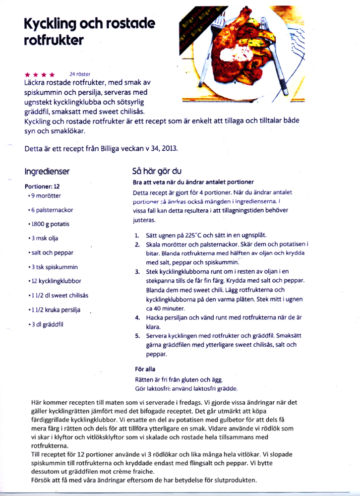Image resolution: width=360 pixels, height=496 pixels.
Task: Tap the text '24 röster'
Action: pos(79,74)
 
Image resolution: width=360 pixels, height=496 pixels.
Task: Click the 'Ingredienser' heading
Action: pos(47,172)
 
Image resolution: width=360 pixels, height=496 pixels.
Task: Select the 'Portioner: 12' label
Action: pos(42,187)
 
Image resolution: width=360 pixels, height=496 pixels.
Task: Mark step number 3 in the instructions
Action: pos(137,272)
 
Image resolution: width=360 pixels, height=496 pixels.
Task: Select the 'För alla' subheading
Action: pos(145,369)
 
